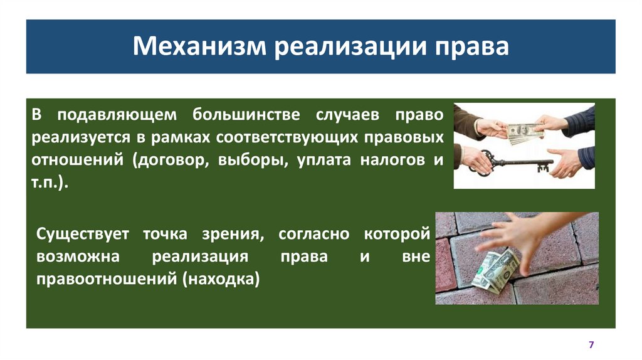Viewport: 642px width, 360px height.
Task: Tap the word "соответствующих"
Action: click(283, 137)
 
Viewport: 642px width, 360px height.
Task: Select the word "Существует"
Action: click(83, 235)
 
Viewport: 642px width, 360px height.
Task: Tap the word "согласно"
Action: click(313, 235)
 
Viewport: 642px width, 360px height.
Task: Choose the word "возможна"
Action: click(76, 257)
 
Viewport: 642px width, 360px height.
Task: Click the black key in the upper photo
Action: click(520, 164)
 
